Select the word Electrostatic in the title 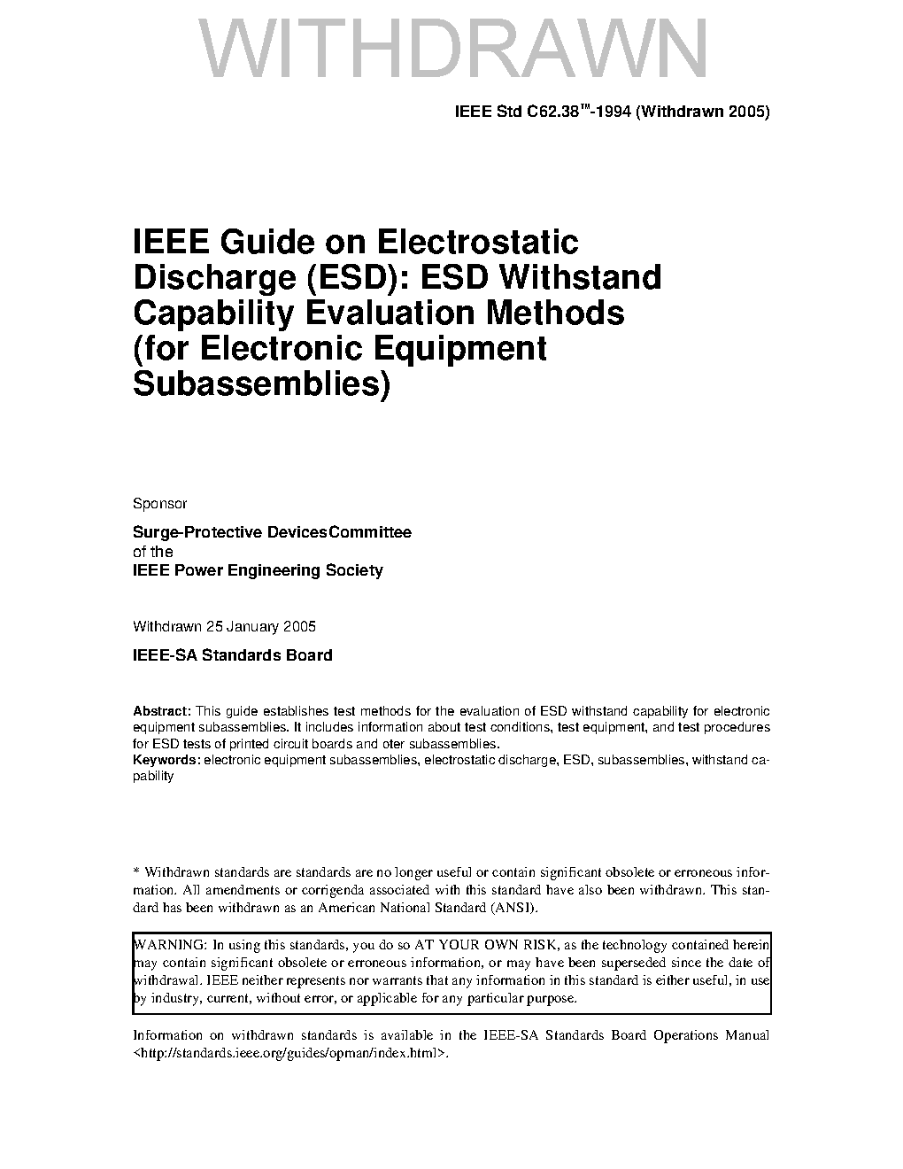[x=478, y=242]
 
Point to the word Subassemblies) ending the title [x=261, y=384]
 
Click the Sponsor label [x=159, y=504]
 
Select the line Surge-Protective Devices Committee [x=272, y=533]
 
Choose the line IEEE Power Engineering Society [x=258, y=570]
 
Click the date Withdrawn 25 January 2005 [x=224, y=627]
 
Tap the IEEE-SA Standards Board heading [x=232, y=655]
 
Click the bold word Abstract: [x=162, y=711]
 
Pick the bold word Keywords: [x=166, y=760]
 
